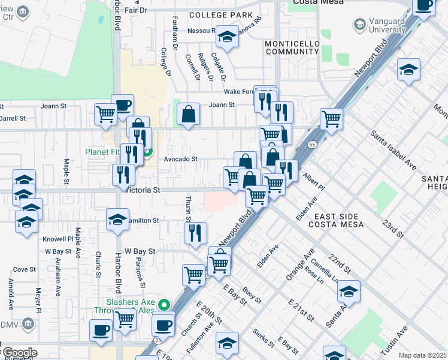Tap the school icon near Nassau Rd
tap(227, 37)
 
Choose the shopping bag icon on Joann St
tap(188, 114)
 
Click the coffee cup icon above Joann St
tap(122, 105)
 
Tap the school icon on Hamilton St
tap(118, 219)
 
